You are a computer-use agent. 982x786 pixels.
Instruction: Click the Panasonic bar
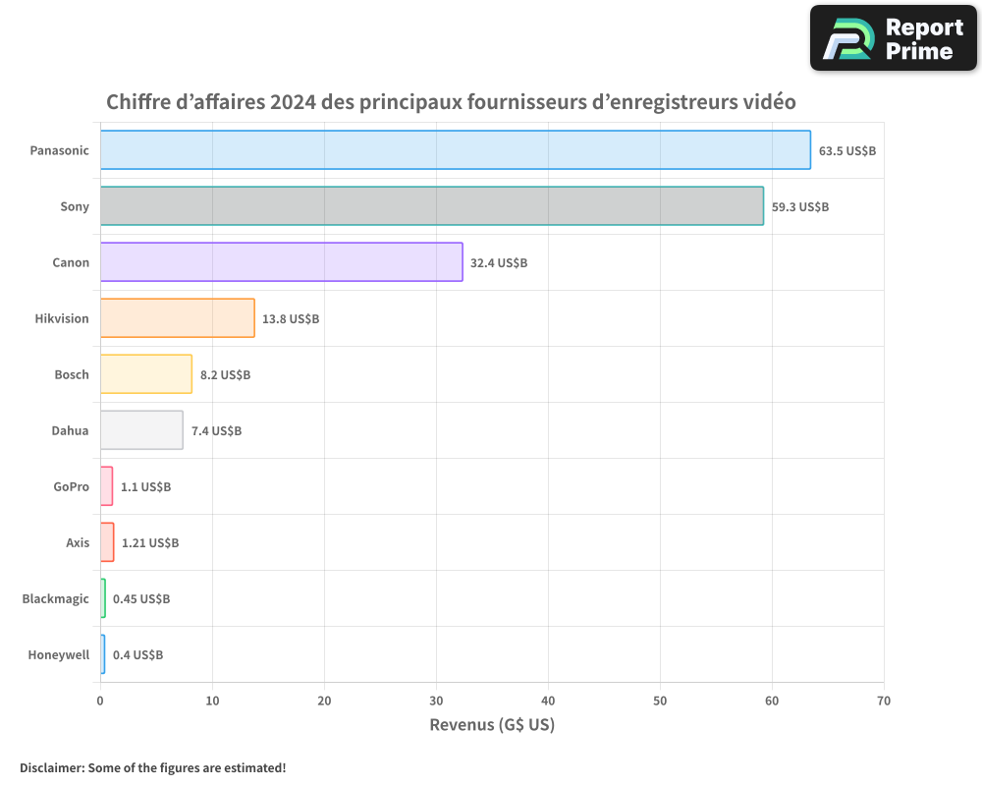tap(455, 150)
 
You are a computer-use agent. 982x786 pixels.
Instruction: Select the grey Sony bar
tap(431, 206)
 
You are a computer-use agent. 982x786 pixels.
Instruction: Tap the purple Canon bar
tap(281, 262)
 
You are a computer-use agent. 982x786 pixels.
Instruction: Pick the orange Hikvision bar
tap(177, 318)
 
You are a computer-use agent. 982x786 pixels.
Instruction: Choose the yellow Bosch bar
tap(145, 374)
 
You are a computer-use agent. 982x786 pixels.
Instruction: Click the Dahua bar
tap(141, 430)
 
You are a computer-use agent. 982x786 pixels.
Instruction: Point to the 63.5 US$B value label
tap(847, 151)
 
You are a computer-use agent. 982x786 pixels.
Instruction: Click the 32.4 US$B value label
tap(499, 263)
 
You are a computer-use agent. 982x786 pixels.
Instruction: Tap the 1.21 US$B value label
tap(150, 543)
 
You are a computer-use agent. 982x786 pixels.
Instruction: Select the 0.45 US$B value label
tap(141, 599)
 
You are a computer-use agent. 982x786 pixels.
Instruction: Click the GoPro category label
tap(71, 487)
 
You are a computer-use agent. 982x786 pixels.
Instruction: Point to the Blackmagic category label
tap(55, 599)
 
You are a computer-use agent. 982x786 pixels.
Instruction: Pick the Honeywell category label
tap(58, 655)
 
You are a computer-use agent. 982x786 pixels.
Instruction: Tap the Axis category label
tap(77, 543)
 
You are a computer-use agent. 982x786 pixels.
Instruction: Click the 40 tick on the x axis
tap(548, 701)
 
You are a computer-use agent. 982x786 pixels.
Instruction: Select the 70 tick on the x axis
tap(884, 701)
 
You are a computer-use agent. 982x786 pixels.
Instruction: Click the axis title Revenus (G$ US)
tap(492, 726)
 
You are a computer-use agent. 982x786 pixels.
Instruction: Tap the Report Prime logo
tap(894, 38)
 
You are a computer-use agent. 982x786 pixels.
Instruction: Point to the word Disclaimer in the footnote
tap(52, 768)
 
